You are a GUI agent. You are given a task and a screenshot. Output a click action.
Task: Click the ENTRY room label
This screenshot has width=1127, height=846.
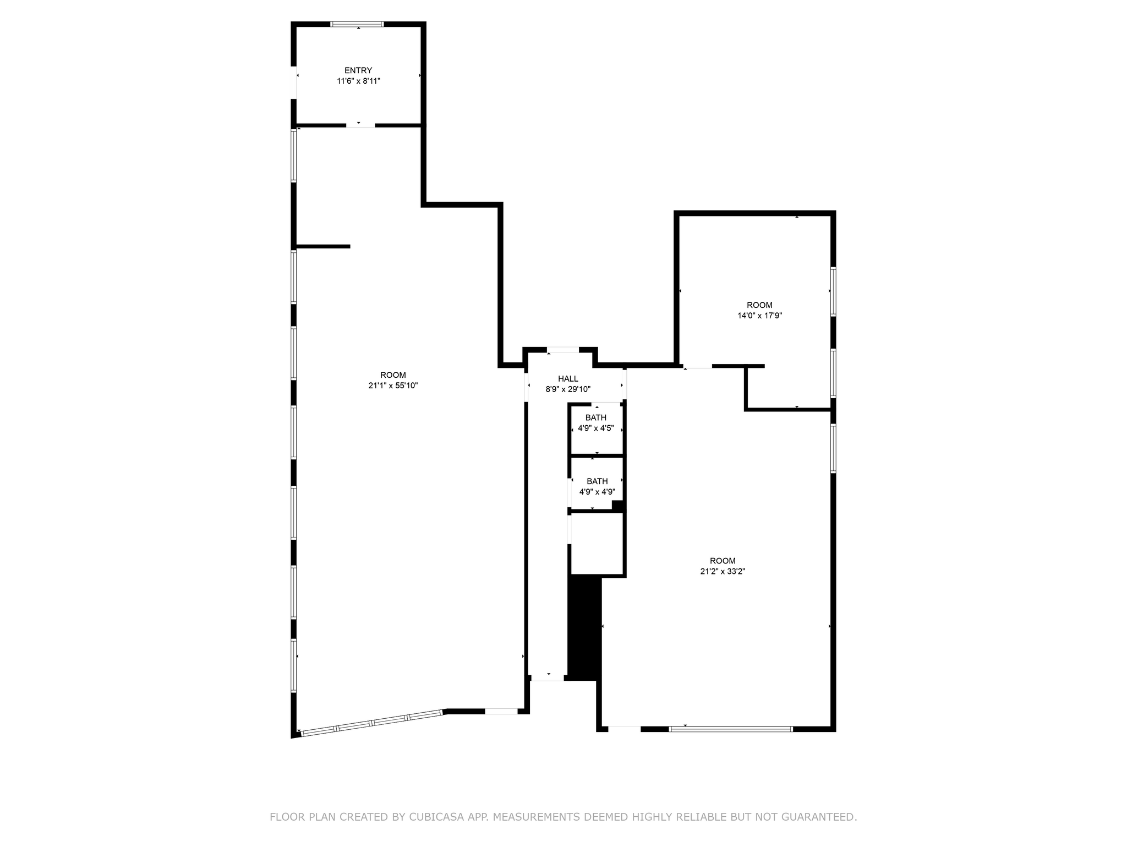(358, 70)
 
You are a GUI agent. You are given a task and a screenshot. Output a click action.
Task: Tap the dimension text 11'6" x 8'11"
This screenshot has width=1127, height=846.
(359, 81)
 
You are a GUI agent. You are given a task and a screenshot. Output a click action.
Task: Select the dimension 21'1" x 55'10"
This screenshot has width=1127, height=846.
(393, 386)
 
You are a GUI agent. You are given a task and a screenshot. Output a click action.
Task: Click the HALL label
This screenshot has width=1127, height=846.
(568, 378)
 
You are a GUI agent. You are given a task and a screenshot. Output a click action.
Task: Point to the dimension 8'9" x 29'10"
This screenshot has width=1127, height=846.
(568, 389)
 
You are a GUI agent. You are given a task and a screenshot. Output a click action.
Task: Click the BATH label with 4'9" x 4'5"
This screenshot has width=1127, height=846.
(595, 417)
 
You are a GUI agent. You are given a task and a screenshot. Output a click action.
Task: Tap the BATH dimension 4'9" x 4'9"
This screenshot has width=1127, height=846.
(597, 492)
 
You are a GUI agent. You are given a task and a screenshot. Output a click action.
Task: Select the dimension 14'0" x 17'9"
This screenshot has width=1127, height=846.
(759, 316)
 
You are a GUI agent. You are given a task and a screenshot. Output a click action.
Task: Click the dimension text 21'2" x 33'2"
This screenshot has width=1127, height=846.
(723, 571)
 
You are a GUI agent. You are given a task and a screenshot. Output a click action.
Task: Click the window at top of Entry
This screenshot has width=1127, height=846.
(357, 24)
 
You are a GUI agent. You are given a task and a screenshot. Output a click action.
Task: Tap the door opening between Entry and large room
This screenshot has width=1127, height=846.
(360, 126)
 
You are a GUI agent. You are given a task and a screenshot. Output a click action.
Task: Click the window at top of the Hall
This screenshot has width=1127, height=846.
(562, 350)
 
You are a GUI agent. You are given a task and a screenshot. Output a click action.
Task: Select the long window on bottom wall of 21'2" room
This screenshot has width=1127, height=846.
(731, 729)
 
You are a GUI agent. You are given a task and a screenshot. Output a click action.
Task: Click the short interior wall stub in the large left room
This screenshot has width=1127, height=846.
(323, 246)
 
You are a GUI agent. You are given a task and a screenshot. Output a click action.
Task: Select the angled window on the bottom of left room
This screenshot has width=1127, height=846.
(372, 722)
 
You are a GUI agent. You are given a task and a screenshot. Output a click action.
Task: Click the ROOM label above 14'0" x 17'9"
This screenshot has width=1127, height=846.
(759, 305)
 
